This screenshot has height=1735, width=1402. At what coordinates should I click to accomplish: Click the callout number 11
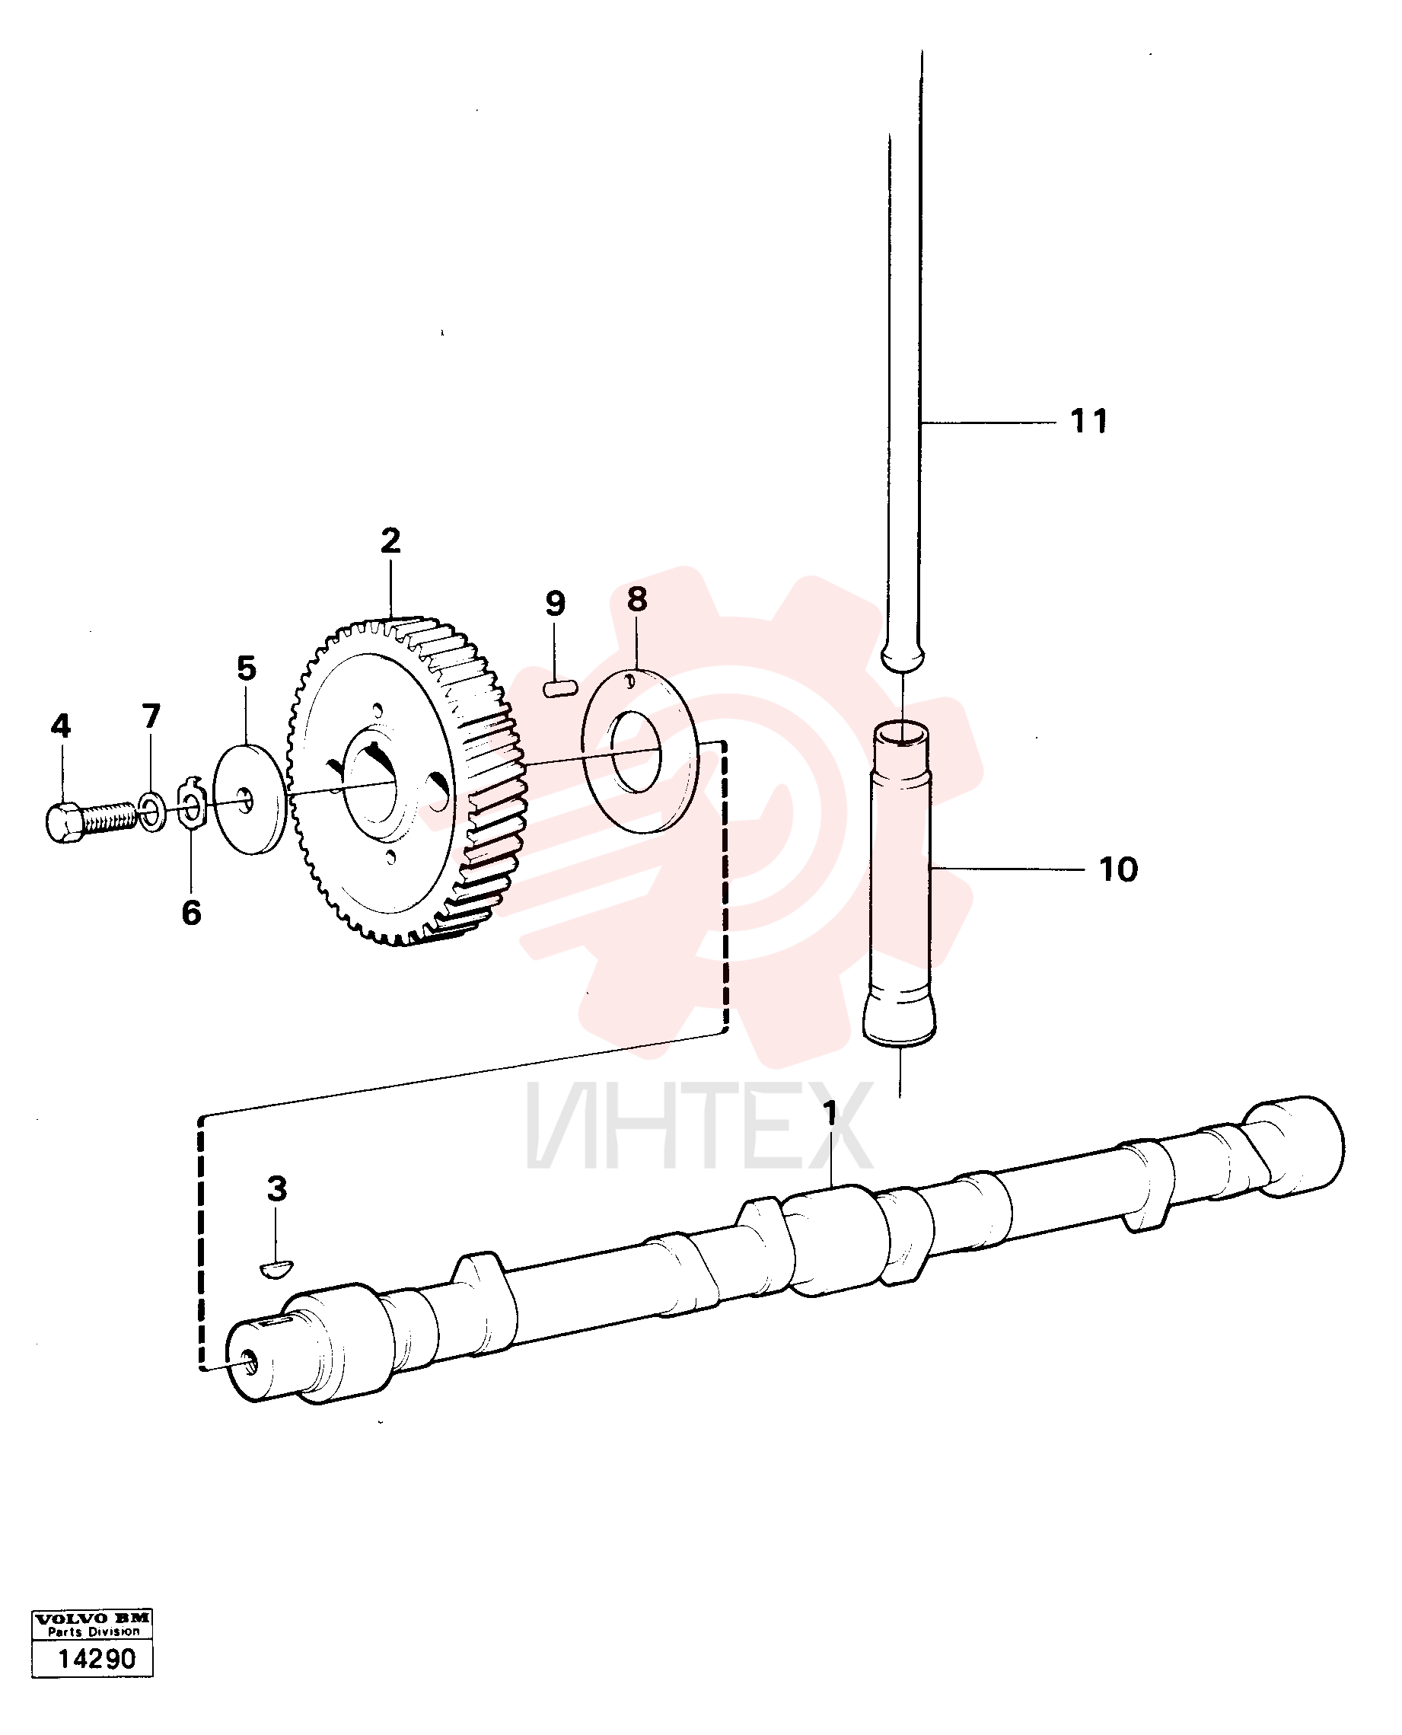[x=1088, y=421]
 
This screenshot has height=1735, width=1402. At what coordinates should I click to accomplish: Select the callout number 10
[x=1119, y=870]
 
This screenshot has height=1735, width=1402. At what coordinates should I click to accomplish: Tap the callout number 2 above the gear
[x=391, y=541]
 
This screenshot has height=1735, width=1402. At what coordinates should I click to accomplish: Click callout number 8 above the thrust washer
[x=637, y=599]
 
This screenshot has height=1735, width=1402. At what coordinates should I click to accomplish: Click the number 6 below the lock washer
[x=191, y=913]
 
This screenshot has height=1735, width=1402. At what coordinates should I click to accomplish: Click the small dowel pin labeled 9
[x=561, y=688]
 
